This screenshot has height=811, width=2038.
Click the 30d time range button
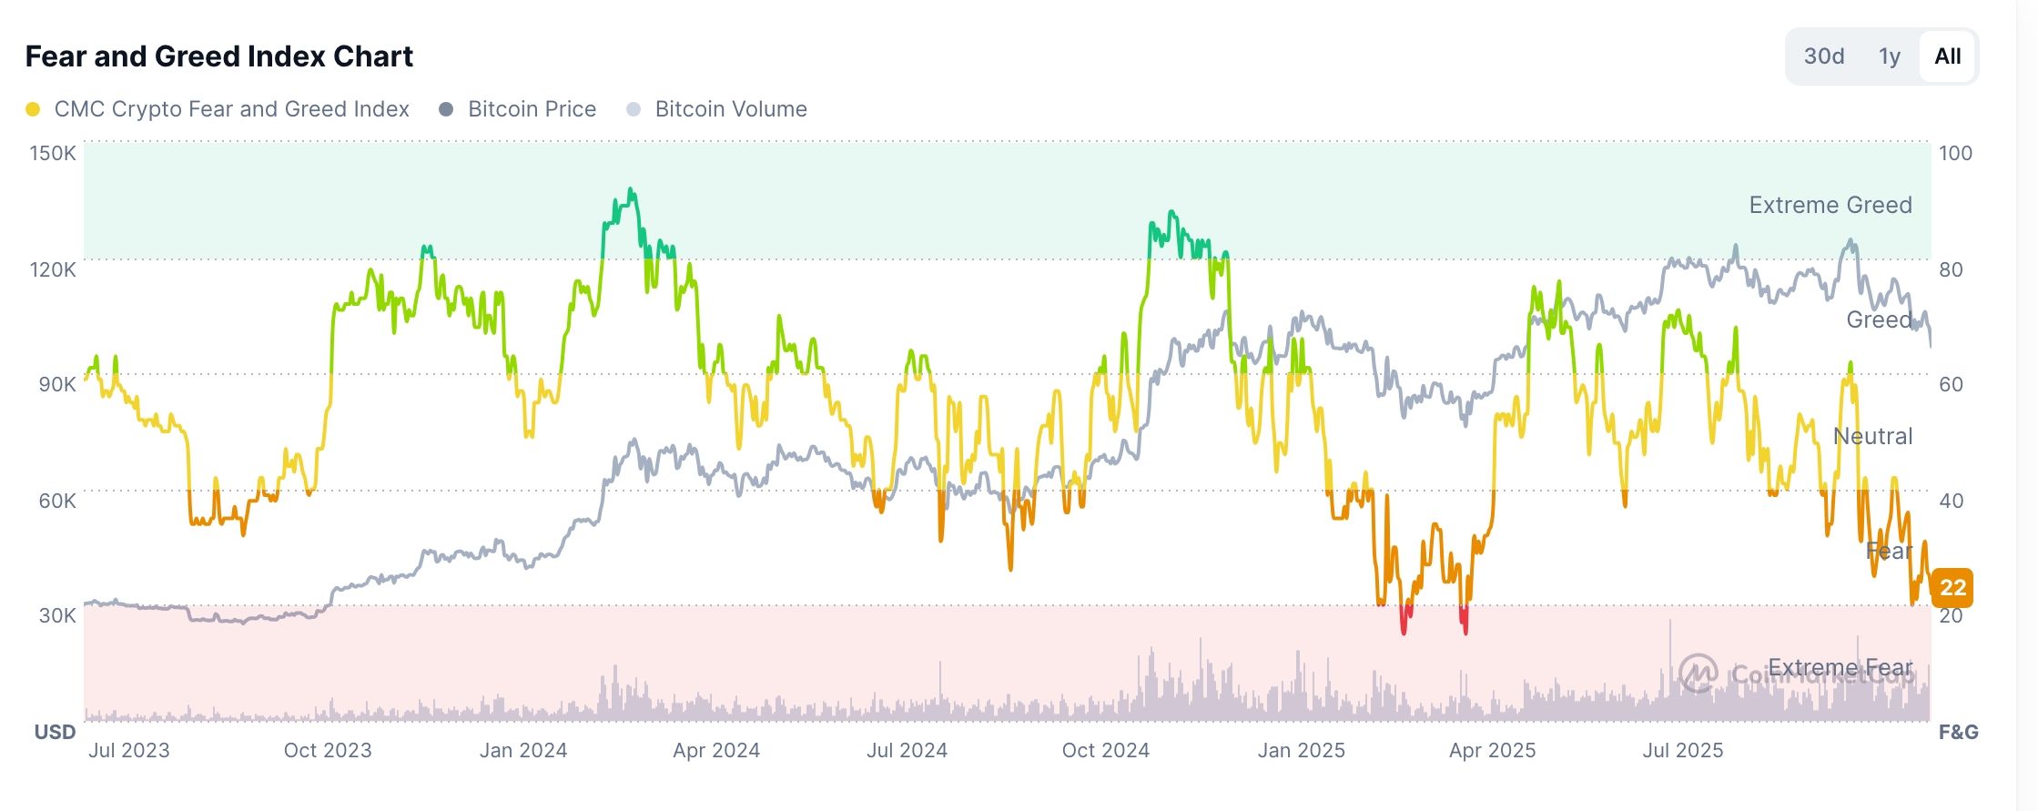(1823, 56)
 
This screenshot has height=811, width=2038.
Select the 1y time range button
(1890, 56)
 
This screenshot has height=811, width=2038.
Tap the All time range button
(1947, 56)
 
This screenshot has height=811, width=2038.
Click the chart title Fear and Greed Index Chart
(218, 56)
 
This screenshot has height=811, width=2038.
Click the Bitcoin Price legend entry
(531, 109)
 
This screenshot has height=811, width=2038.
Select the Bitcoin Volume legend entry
(730, 109)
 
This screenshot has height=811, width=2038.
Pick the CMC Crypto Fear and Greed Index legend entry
(231, 109)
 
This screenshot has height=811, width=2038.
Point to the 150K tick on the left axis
(53, 153)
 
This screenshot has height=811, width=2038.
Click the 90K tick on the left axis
(56, 384)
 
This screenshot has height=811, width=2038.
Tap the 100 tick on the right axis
(1955, 153)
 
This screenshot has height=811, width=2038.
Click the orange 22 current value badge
(1952, 587)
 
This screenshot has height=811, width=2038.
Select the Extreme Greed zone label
(1830, 205)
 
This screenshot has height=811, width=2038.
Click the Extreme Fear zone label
(1840, 667)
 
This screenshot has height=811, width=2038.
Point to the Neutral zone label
(1871, 436)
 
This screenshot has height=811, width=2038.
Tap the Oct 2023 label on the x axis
(328, 750)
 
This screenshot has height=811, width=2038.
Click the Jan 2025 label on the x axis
(1301, 750)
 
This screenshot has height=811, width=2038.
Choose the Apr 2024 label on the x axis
(715, 750)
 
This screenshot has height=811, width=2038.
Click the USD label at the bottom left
(55, 732)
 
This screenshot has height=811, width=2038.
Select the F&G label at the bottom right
(1958, 732)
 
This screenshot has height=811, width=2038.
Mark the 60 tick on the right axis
(1951, 384)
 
